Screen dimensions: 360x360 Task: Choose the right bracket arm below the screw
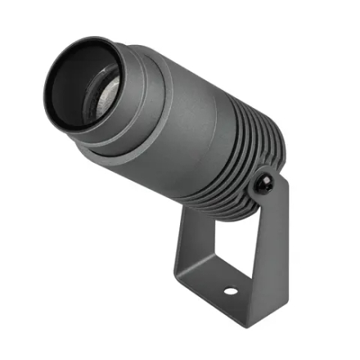(x=274, y=237)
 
